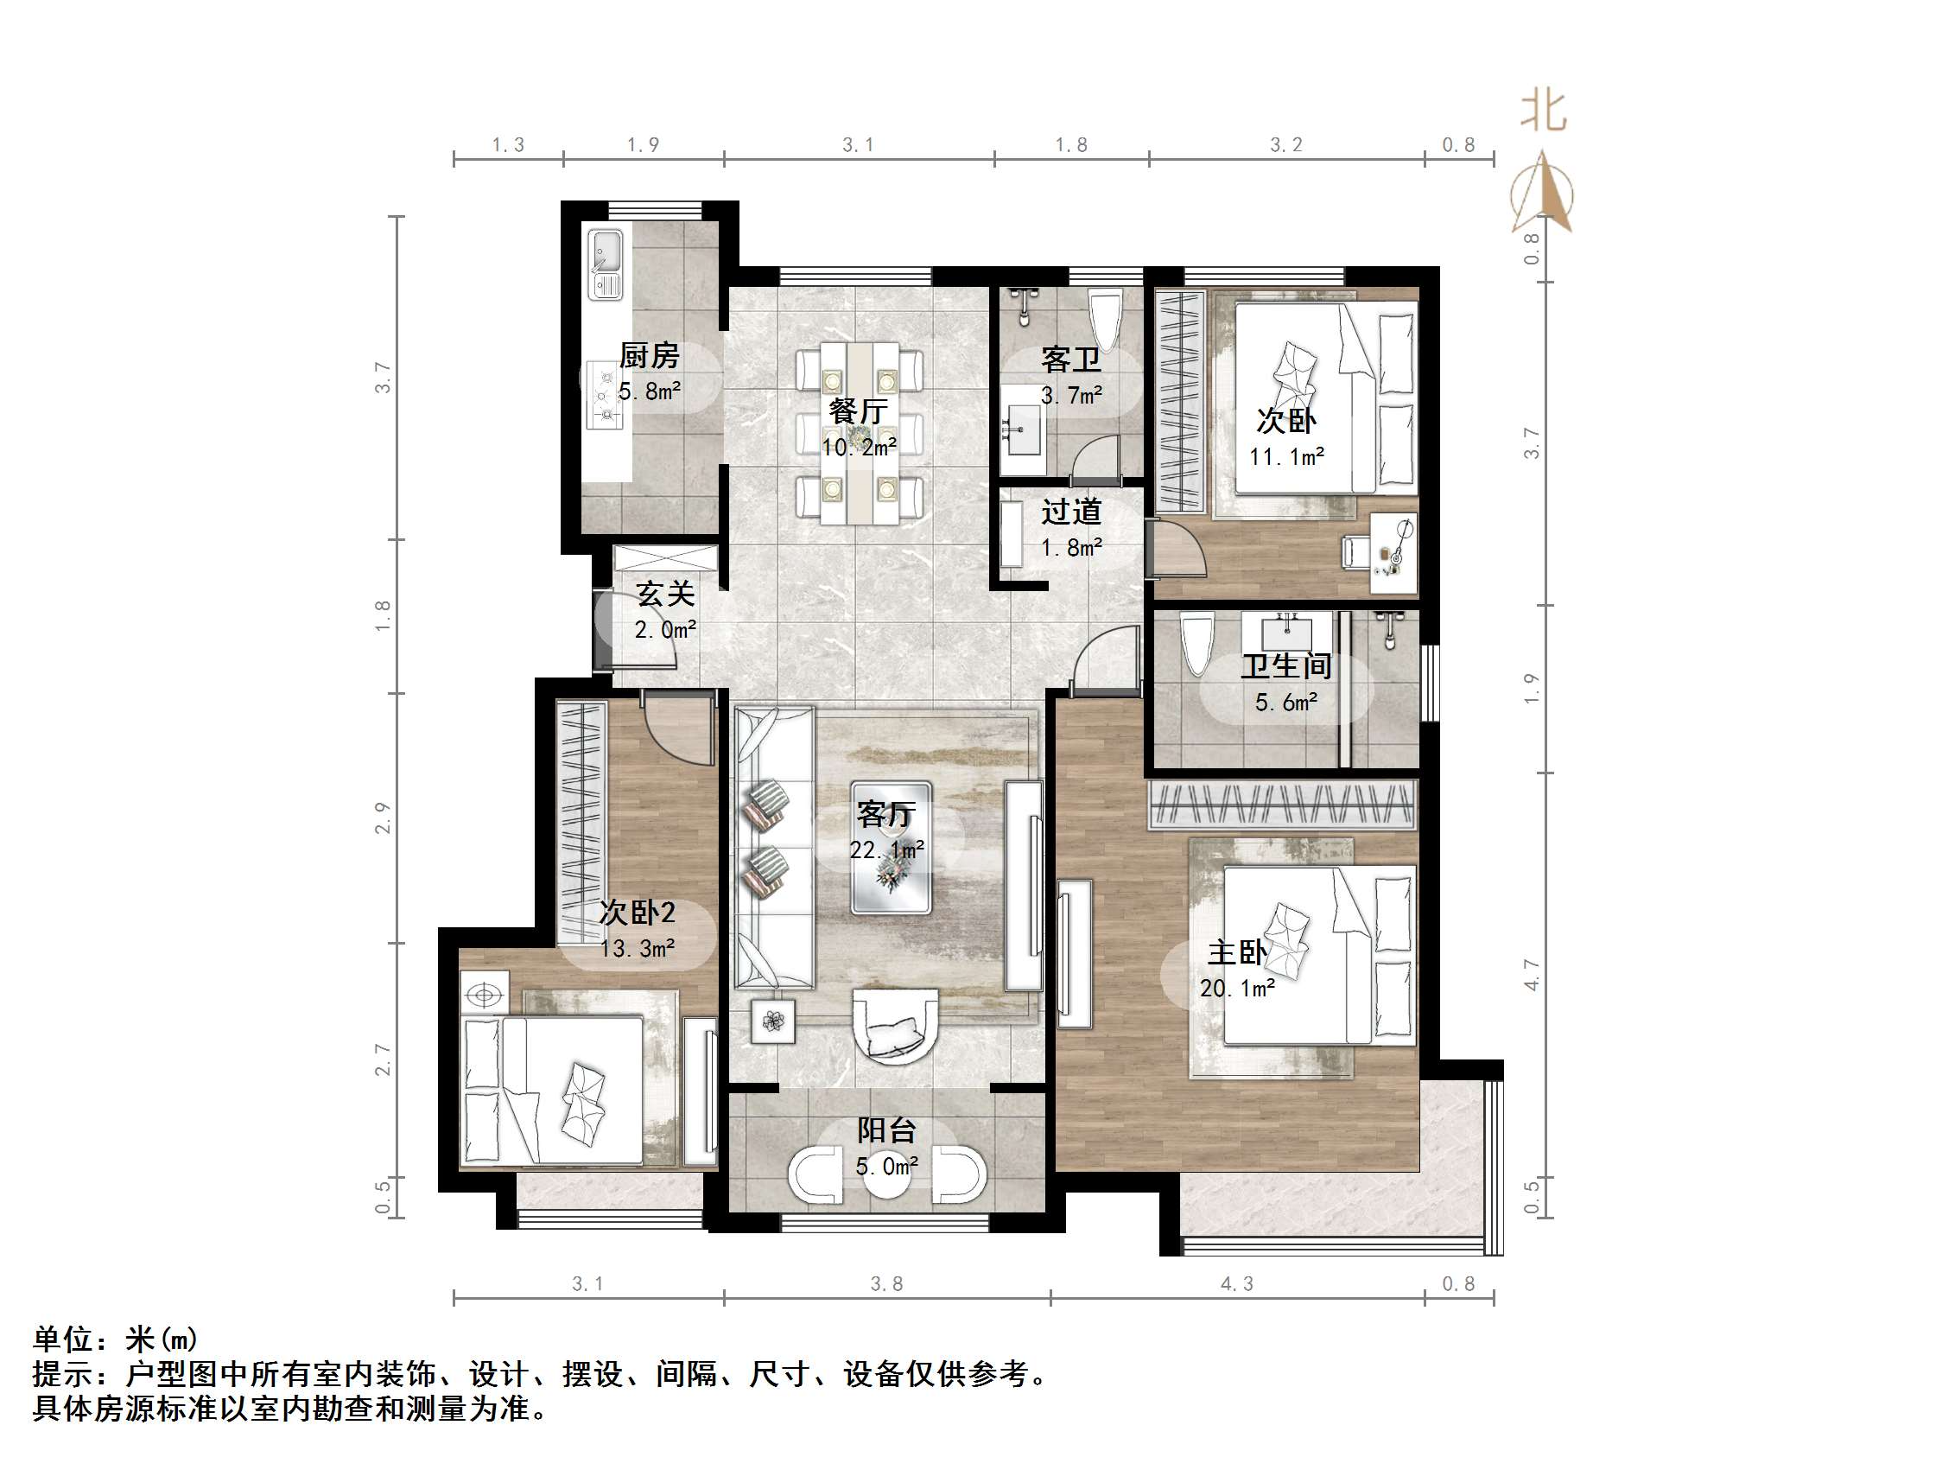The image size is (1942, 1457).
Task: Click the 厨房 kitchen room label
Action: tap(649, 356)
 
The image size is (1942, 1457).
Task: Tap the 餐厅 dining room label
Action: tap(858, 411)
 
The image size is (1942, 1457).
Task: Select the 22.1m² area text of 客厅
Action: tap(886, 850)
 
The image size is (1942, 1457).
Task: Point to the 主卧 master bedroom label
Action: tap(1237, 953)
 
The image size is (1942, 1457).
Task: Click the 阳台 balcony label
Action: tap(886, 1131)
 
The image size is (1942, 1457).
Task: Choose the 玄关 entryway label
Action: tap(665, 595)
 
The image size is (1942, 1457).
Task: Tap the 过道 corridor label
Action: tap(1071, 512)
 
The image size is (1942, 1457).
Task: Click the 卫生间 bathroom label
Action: tap(1286, 666)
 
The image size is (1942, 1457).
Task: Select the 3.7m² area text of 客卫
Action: tap(1071, 396)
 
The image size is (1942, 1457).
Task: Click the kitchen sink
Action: tap(606, 264)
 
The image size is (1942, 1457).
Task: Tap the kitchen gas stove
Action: tap(605, 395)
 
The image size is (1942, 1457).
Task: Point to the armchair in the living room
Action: tap(896, 1026)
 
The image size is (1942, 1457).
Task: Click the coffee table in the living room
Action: tap(891, 848)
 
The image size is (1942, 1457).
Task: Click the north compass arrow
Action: tap(1542, 191)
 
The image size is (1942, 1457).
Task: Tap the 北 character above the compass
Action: tap(1545, 111)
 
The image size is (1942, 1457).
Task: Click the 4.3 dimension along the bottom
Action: tap(1237, 1284)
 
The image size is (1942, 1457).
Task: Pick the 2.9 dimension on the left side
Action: tap(383, 818)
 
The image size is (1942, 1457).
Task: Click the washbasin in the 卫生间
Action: tap(1287, 632)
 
